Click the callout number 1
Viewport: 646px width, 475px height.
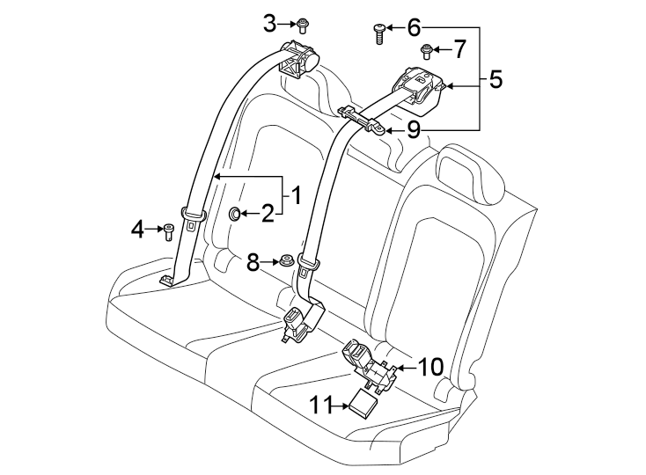[x=297, y=194]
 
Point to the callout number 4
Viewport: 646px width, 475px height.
[x=136, y=230]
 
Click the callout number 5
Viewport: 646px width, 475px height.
[x=495, y=80]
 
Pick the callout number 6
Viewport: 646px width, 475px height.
[x=413, y=28]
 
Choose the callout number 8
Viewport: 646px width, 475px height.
[x=253, y=261]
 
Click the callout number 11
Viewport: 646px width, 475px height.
[x=320, y=405]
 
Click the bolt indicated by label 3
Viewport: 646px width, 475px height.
[x=303, y=24]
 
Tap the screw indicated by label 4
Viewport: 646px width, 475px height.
[x=167, y=230]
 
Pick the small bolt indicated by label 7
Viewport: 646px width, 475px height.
[x=427, y=51]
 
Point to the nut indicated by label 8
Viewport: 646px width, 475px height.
[x=287, y=261]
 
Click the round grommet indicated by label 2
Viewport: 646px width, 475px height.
[x=235, y=213]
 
